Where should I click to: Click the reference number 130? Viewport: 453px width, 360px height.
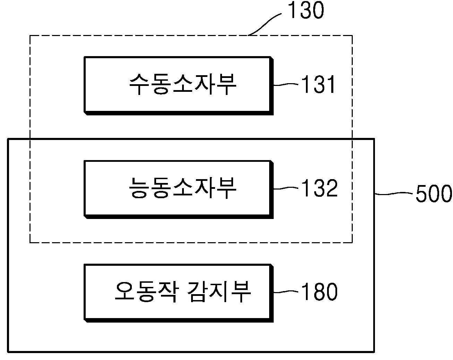306,10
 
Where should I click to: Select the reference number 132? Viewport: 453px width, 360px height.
319,188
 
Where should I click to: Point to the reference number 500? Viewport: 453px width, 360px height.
434,193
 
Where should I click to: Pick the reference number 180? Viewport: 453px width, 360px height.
319,291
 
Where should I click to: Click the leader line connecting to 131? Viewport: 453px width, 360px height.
286,85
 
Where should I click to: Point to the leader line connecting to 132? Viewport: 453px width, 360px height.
286,188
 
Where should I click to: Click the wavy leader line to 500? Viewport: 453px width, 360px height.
393,193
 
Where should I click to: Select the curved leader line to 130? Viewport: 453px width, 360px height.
264,24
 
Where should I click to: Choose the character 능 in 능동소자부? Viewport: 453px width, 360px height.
139,188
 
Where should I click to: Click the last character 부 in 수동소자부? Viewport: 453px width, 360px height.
226,84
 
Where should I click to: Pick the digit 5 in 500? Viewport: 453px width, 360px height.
422,193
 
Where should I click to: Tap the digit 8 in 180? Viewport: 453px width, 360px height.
319,292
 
